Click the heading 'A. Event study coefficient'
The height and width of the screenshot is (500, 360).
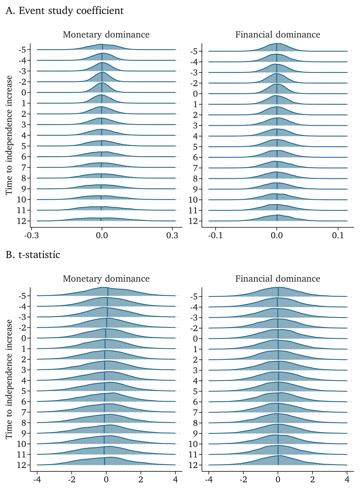coord(65,11)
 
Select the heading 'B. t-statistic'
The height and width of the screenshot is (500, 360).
coord(33,255)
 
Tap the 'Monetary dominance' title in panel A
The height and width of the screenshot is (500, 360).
coord(106,35)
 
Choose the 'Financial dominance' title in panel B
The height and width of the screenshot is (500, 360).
coord(278,279)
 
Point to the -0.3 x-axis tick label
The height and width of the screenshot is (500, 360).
coord(31,236)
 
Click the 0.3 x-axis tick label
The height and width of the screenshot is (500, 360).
coord(172,236)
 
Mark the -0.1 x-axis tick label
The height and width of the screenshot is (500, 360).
coord(216,236)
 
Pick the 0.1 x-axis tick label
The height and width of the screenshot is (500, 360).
coord(338,236)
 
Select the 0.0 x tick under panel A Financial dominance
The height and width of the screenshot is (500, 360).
coord(277,236)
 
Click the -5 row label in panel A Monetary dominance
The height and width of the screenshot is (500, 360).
coord(22,50)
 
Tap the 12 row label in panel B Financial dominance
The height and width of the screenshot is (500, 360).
coord(193,465)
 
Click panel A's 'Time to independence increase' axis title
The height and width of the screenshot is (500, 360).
coord(9,135)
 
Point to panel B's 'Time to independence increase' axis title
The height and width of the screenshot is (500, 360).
coord(9,379)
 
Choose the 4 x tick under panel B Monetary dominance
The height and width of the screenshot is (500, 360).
coord(175,479)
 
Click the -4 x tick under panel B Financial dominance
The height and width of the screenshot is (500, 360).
coord(208,479)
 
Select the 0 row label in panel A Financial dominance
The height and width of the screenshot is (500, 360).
coord(195,94)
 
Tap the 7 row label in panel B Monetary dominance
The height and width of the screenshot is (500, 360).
coord(24,412)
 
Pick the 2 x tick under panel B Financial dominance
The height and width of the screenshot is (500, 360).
coord(312,479)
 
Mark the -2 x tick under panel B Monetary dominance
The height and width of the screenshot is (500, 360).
coord(71,479)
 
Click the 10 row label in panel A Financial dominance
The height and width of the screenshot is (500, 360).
coord(193,200)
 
